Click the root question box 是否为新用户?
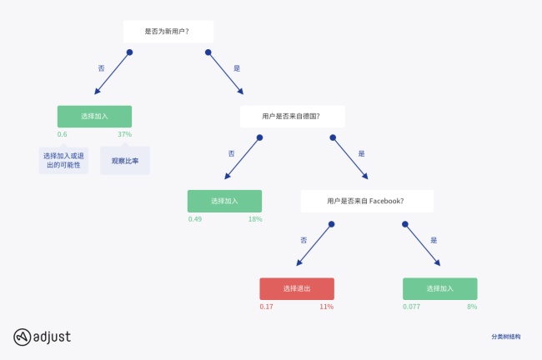click(x=168, y=32)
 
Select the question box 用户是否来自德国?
click(x=291, y=116)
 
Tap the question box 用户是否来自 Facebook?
click(x=367, y=201)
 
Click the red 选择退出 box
click(x=297, y=288)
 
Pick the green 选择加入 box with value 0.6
click(x=94, y=116)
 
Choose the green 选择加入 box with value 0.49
click(x=224, y=201)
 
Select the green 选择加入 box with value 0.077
click(x=439, y=288)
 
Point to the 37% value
click(x=124, y=134)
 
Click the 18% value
click(x=255, y=219)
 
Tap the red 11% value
click(x=327, y=307)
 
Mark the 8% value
click(x=472, y=307)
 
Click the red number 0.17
click(x=266, y=307)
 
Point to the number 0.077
click(x=412, y=307)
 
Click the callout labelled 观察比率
click(x=125, y=161)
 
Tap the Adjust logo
click(x=42, y=337)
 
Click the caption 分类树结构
click(x=505, y=337)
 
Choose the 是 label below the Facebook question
click(x=434, y=239)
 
